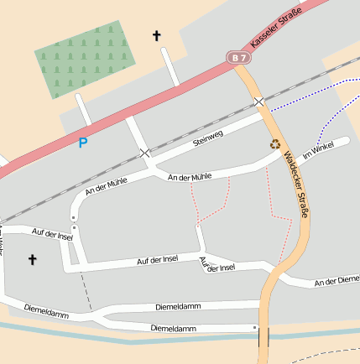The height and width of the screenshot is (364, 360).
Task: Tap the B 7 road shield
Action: (x=239, y=57)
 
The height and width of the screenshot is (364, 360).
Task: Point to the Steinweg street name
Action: (x=209, y=141)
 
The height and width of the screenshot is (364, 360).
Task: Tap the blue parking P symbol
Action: (x=82, y=143)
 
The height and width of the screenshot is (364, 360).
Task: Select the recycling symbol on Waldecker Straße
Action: (x=275, y=143)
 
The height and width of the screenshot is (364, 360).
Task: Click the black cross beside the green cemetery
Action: (x=156, y=35)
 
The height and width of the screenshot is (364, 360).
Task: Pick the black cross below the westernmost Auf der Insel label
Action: (x=33, y=260)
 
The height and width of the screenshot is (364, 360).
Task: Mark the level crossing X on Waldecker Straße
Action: (x=260, y=102)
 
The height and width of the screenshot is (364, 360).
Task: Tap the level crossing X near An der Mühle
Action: (x=146, y=153)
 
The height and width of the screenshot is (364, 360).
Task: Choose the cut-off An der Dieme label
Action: (x=337, y=281)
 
